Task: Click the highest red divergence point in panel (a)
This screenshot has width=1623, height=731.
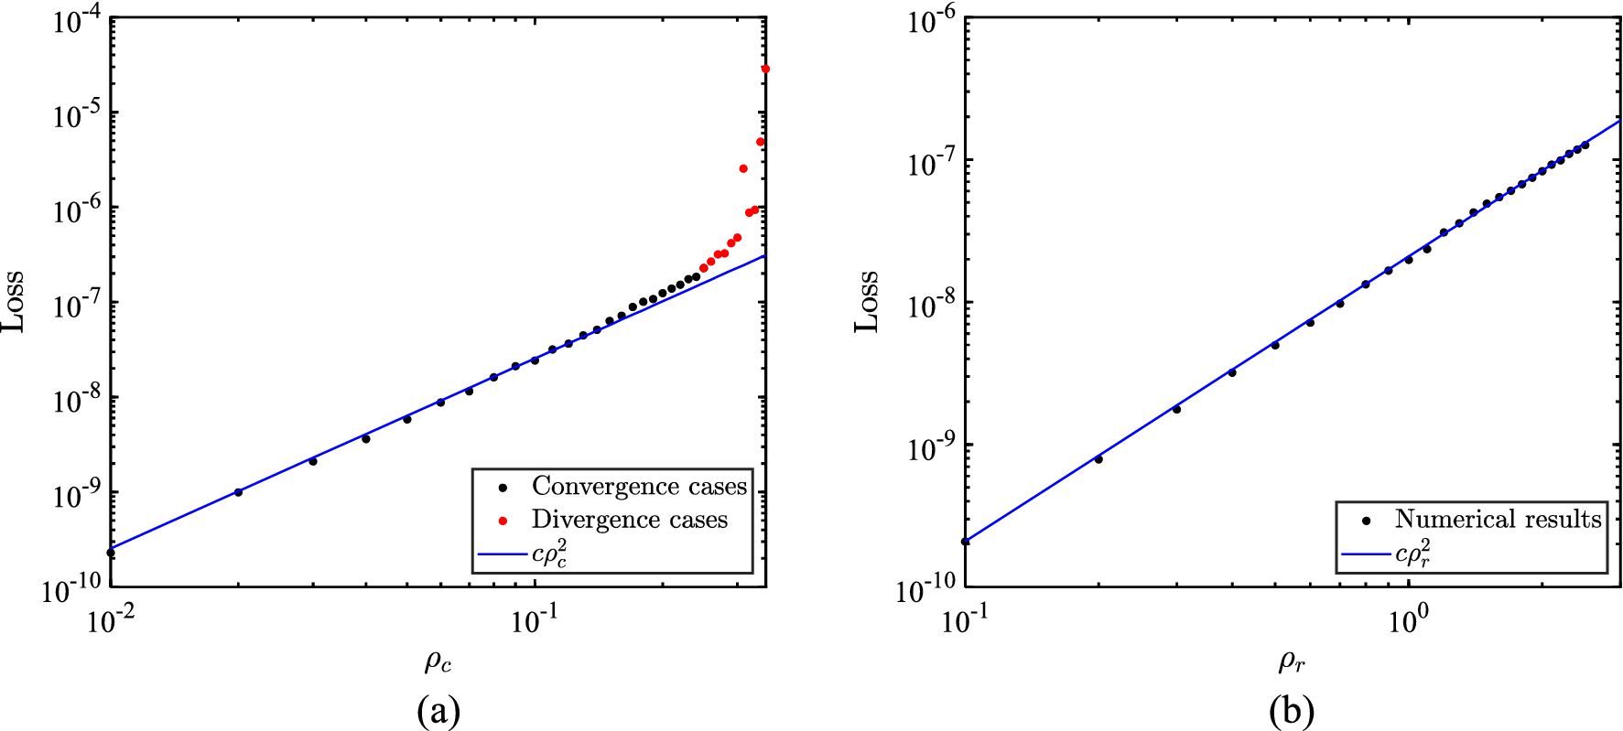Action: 765,70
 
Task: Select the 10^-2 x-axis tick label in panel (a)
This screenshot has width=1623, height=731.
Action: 110,621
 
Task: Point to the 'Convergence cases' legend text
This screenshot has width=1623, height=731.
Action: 639,486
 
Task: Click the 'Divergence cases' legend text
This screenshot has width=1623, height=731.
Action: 629,520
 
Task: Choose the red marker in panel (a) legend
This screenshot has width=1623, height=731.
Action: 503,521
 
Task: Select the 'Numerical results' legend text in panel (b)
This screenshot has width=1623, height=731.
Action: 1498,520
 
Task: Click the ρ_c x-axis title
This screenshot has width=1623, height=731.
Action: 438,661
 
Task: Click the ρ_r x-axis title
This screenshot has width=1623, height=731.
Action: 1292,661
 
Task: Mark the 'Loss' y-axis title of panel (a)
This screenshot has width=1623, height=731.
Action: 13,302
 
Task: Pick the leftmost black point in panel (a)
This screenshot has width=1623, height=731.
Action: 111,553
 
